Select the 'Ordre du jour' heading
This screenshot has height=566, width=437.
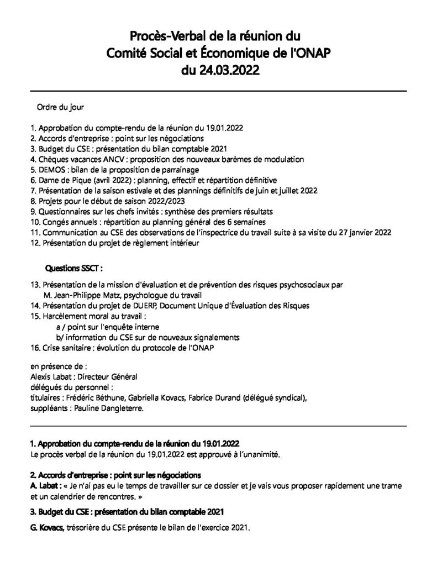[60, 107]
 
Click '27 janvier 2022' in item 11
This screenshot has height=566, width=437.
[364, 232]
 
